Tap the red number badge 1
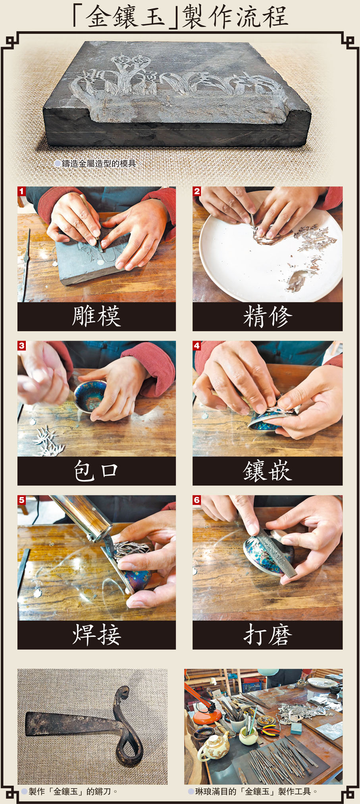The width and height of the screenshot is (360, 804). point(21,191)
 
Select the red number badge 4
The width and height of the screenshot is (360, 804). point(197,345)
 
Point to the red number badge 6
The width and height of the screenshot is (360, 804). point(197,500)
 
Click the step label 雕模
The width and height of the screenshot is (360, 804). point(96,316)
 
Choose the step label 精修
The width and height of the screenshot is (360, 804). point(268,316)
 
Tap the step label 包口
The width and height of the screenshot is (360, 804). point(96,471)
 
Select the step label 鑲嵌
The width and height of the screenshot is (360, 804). point(268,471)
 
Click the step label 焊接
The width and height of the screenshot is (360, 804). point(96,634)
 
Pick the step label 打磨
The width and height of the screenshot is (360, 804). point(268,634)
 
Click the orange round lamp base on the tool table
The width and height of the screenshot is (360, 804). point(207,716)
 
